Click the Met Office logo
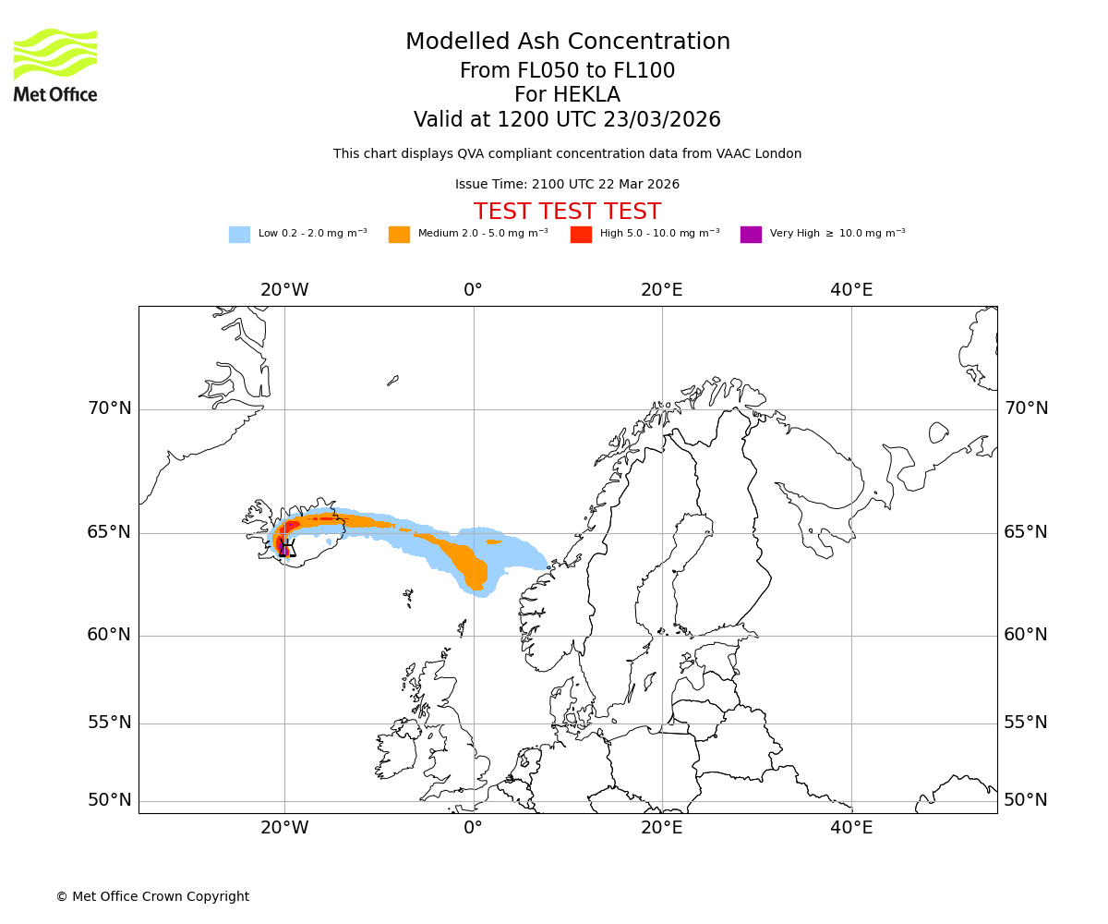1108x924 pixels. [55, 65]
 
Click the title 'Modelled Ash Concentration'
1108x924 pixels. [567, 43]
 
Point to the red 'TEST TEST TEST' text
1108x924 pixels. [567, 212]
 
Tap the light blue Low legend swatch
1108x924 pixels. [239, 235]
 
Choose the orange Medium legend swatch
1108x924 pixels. [399, 235]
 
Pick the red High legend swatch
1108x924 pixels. [581, 235]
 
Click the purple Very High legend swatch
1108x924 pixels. [751, 235]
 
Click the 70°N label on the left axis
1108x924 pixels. [109, 408]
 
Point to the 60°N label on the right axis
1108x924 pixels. [1026, 635]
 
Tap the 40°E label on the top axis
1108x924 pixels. [851, 290]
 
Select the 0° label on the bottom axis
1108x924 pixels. [473, 828]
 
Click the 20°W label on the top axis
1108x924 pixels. [284, 290]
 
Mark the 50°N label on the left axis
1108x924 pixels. [109, 800]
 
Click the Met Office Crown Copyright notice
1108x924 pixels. [152, 896]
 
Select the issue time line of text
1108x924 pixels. [567, 184]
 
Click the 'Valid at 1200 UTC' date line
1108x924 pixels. [567, 120]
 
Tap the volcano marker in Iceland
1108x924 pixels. [286, 549]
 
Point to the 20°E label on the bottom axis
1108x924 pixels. [662, 828]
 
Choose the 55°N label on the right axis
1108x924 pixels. [1026, 723]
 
